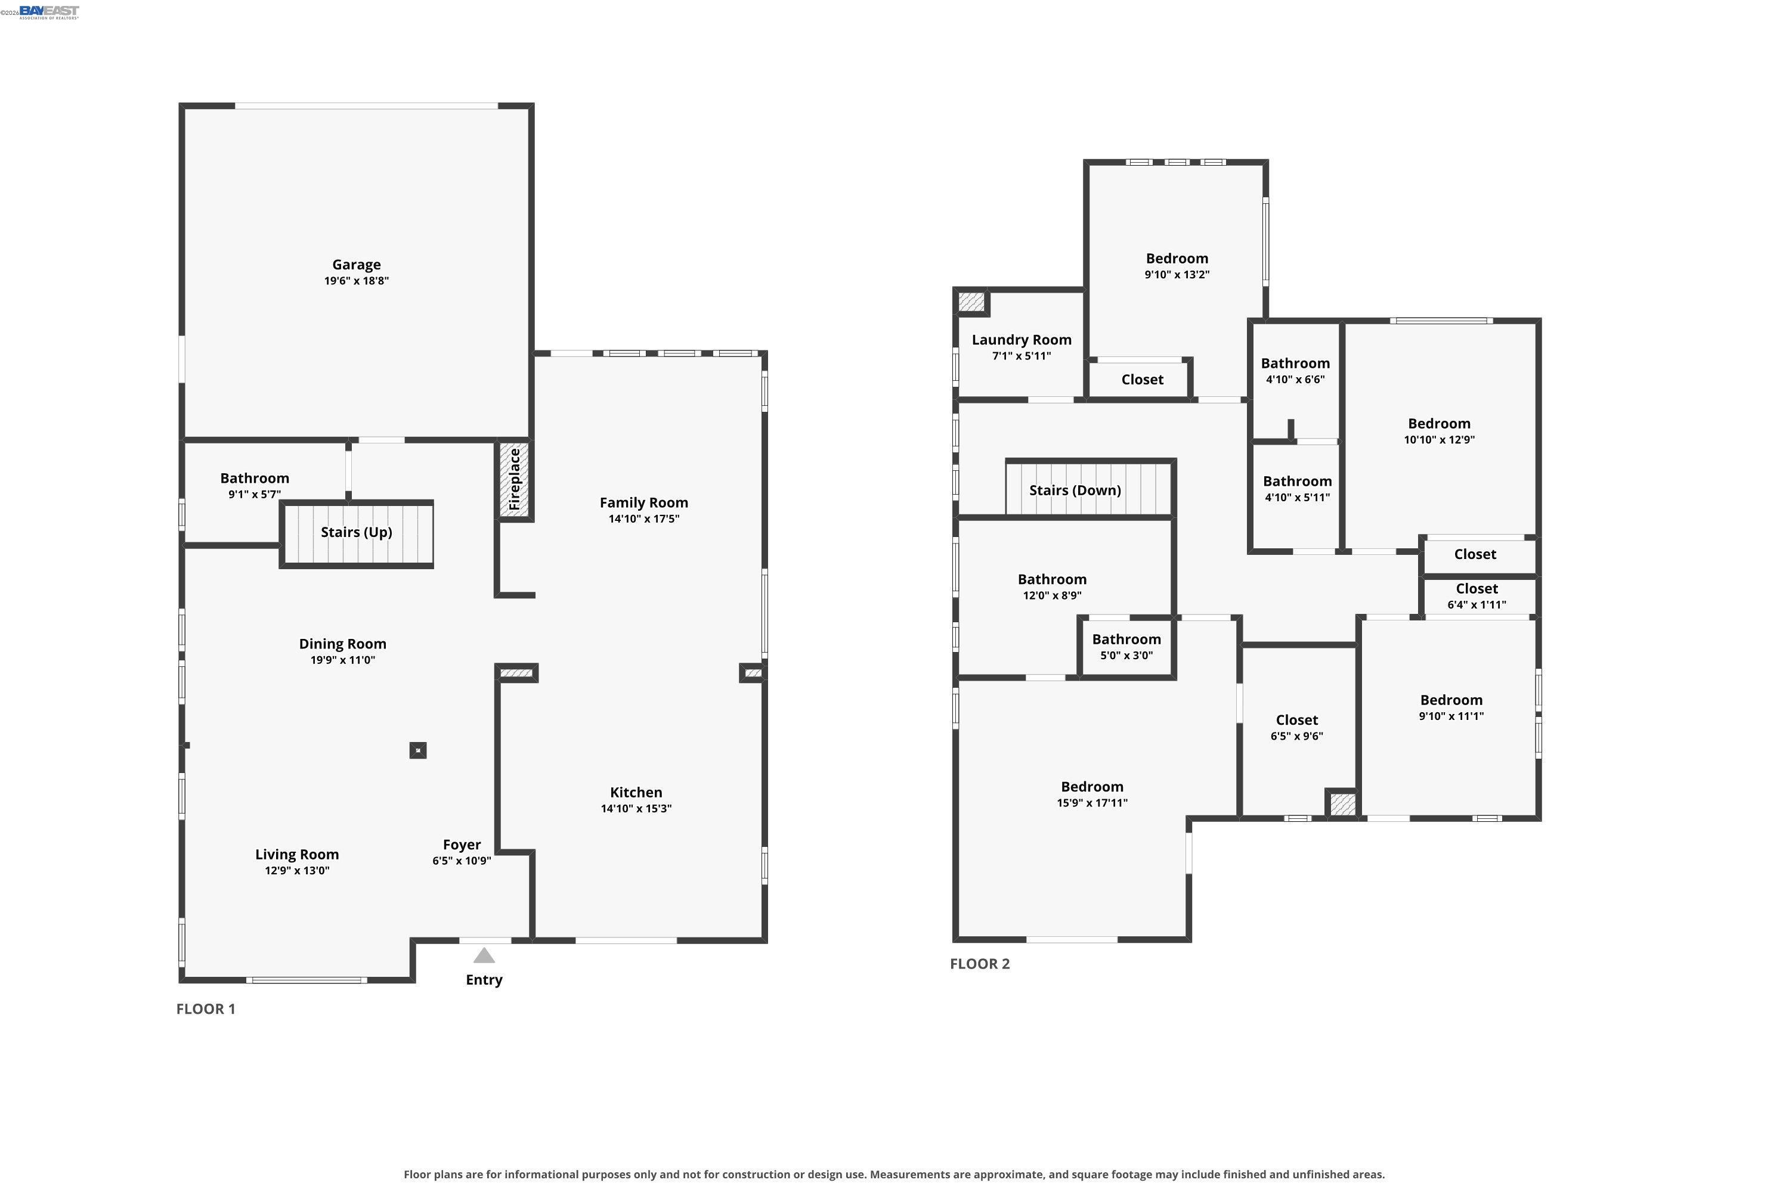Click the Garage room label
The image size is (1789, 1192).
click(x=356, y=265)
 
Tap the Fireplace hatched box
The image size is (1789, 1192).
click(x=514, y=480)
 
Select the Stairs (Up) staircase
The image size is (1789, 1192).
click(x=357, y=533)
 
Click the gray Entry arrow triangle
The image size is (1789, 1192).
click(x=484, y=955)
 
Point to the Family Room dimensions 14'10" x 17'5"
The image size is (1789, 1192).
click(x=643, y=519)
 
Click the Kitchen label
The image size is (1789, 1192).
click(x=636, y=792)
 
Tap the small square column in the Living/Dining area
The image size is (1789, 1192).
click(x=417, y=750)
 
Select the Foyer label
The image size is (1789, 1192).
click(x=462, y=845)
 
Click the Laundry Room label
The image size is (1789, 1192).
click(x=1022, y=340)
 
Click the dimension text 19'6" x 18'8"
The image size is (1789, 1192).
click(x=356, y=281)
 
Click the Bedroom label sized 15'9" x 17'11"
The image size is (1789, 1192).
click(x=1092, y=787)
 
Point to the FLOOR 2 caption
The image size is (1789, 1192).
click(x=980, y=964)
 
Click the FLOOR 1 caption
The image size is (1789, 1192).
click(x=206, y=1009)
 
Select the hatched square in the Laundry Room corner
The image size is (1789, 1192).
click(x=971, y=301)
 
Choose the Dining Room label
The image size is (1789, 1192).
click(x=342, y=644)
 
